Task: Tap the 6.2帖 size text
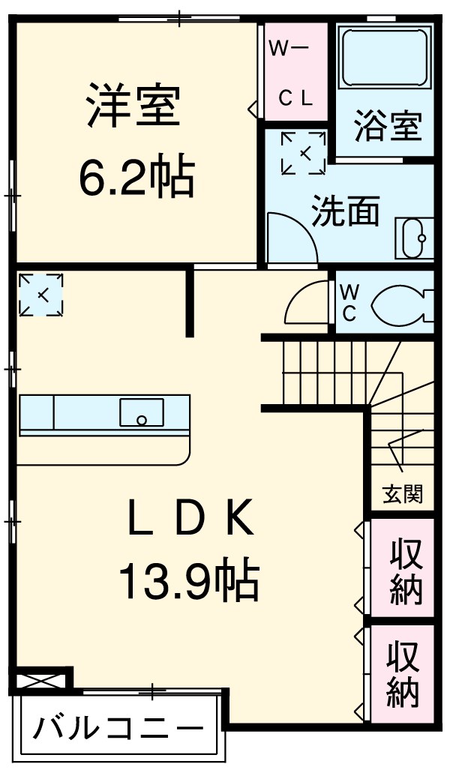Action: [136, 175]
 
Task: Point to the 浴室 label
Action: [387, 126]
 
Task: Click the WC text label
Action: [349, 303]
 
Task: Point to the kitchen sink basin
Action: [141, 412]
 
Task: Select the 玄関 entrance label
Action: [403, 494]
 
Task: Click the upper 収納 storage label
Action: [405, 571]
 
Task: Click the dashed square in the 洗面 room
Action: [304, 153]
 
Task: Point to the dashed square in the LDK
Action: [41, 294]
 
